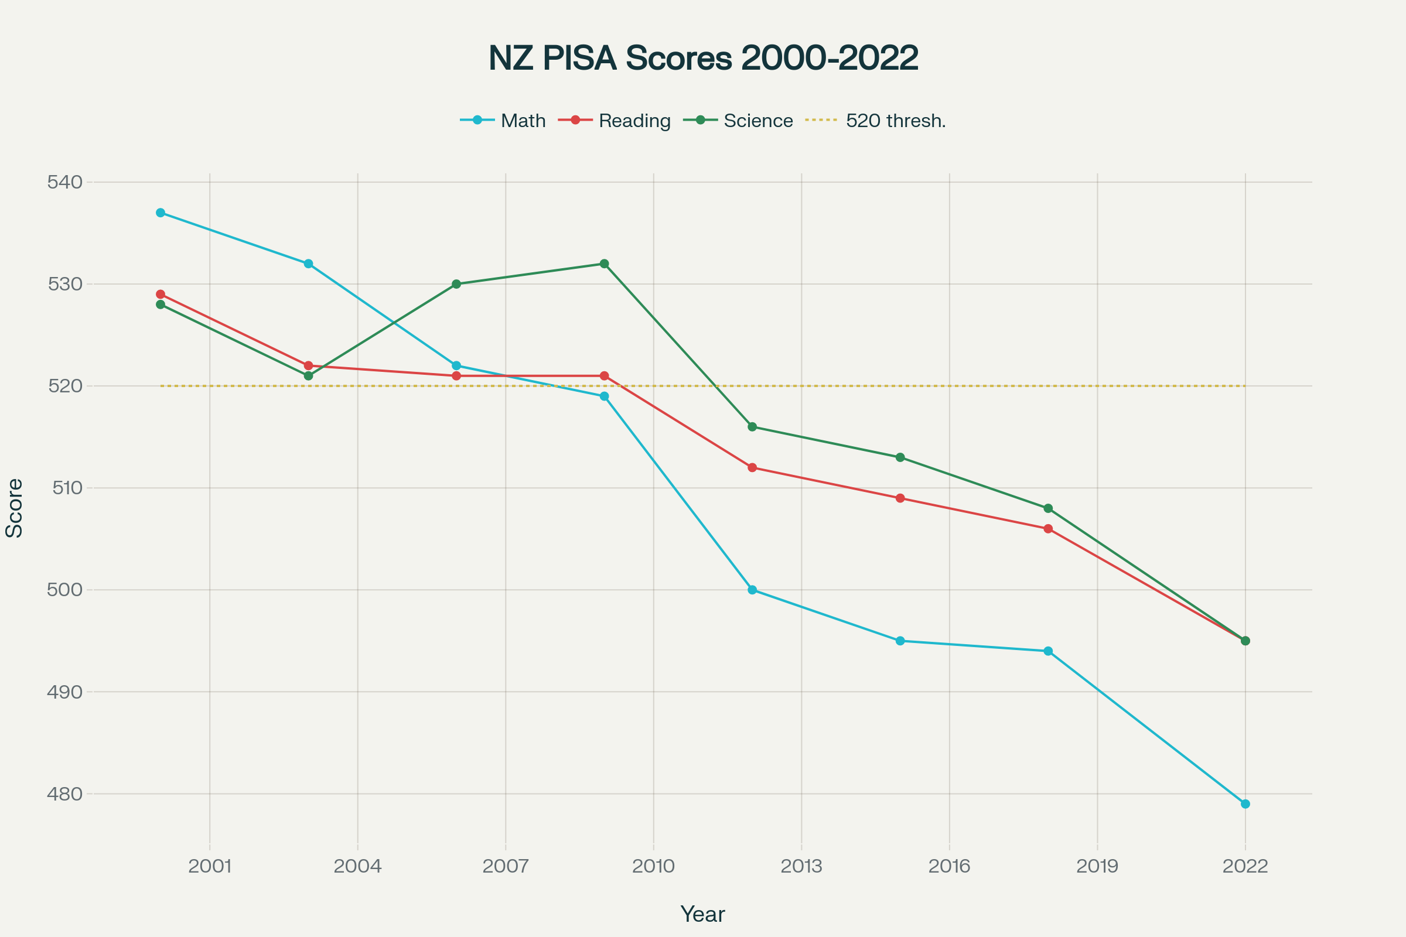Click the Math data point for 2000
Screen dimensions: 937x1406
(160, 213)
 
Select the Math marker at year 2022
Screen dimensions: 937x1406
(1245, 803)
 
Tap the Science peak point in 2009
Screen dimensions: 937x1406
(605, 264)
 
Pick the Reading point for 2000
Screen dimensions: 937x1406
(160, 294)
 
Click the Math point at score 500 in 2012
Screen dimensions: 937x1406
(752, 590)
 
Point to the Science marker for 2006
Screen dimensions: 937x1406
(456, 284)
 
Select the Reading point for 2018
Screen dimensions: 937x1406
(1048, 529)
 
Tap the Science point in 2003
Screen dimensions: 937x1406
(309, 376)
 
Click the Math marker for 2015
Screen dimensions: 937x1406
(900, 641)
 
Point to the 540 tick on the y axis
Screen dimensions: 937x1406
(64, 182)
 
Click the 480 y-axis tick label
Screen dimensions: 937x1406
(64, 794)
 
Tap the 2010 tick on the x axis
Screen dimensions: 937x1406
(653, 866)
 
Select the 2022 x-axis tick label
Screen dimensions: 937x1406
(1245, 866)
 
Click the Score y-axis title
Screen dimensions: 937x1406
(14, 508)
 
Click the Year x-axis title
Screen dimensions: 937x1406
(702, 914)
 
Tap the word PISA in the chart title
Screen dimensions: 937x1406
(579, 58)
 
